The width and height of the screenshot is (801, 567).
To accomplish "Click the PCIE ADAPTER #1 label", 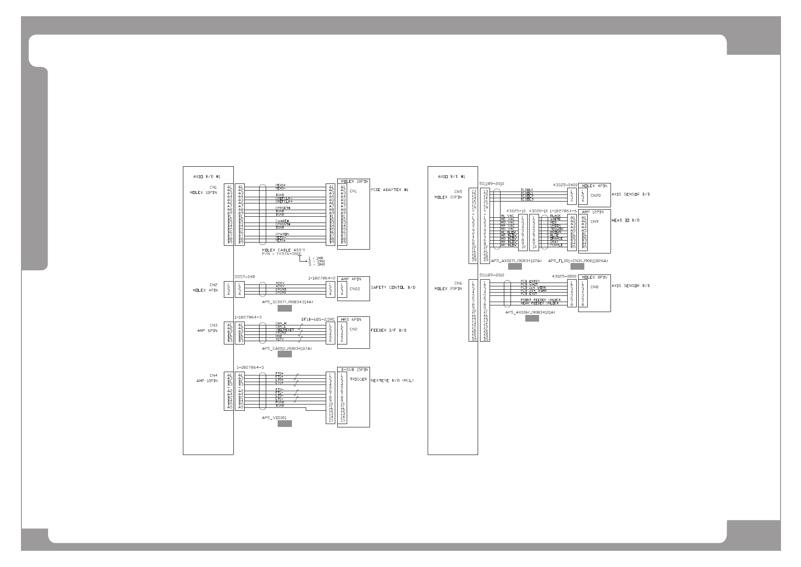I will pos(389,190).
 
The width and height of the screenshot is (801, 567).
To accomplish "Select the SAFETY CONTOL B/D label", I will pos(393,287).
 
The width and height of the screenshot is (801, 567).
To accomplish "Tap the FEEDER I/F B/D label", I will pos(388,330).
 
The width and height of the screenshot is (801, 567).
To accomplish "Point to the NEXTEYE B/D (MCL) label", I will pos(392,381).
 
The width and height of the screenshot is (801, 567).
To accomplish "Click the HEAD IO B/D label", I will pos(625,221).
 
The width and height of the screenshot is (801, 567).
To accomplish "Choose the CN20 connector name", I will pos(595,195).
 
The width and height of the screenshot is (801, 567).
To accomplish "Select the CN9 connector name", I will pos(594,222).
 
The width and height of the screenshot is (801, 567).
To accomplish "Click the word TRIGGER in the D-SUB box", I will pos(359,380).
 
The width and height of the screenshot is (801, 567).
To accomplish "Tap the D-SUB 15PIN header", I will pos(353,370).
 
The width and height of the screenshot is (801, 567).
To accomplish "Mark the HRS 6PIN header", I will pos(351,319).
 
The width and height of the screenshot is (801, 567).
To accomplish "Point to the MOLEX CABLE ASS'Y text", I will pos(283,250).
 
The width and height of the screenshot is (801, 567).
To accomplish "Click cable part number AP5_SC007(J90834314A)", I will pos(288,302).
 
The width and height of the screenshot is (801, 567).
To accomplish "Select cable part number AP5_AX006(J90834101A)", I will pos(530,313).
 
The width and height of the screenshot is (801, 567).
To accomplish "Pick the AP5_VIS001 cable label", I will pos(274,418).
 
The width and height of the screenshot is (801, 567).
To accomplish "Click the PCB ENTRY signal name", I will pos(530,281).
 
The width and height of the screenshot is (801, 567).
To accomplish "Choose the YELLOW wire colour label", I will pos(556,229).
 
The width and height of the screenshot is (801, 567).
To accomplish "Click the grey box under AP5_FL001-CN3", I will pos(577,267).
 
